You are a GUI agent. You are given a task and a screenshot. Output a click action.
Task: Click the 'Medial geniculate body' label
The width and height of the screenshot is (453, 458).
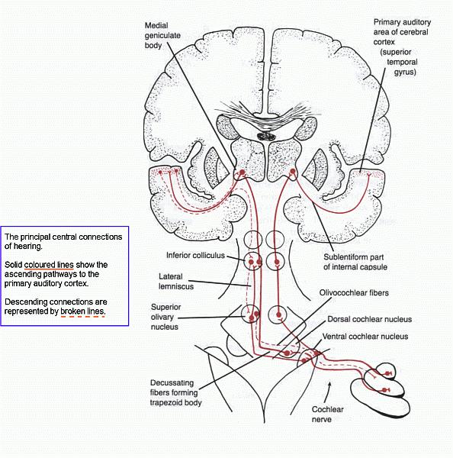pyautogui.click(x=162, y=35)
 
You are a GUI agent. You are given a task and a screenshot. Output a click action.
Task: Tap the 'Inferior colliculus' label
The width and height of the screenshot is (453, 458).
pyautogui.click(x=195, y=255)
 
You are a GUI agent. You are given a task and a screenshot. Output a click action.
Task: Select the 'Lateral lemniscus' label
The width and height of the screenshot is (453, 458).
pyautogui.click(x=176, y=281)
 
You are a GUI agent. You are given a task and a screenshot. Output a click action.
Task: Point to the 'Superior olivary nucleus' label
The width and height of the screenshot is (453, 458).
pyautogui.click(x=165, y=317)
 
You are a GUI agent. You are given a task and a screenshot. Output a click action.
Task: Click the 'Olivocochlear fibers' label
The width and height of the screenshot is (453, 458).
pyautogui.click(x=354, y=292)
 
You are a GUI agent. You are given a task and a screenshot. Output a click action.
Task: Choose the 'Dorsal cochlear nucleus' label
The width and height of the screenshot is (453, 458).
pyautogui.click(x=370, y=319)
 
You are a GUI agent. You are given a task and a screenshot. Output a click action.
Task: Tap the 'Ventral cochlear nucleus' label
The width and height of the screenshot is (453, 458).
pyautogui.click(x=365, y=337)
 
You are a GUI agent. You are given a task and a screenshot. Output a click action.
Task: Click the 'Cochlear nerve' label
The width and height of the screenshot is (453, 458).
pyautogui.click(x=327, y=414)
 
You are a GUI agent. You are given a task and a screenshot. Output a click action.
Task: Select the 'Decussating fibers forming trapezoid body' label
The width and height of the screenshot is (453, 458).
pyautogui.click(x=175, y=392)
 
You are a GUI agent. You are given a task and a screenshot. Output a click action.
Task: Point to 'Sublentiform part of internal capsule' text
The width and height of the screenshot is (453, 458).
pyautogui.click(x=355, y=262)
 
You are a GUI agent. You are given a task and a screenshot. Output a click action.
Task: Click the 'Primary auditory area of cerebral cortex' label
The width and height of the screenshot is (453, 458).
pyautogui.click(x=402, y=47)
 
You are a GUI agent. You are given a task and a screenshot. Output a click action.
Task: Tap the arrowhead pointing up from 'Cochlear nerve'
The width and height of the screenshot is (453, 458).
pyautogui.click(x=329, y=383)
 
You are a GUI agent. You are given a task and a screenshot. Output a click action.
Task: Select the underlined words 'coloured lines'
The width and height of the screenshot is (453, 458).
pyautogui.click(x=49, y=265)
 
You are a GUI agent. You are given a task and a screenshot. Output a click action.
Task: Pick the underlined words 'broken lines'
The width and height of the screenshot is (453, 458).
pyautogui.click(x=82, y=311)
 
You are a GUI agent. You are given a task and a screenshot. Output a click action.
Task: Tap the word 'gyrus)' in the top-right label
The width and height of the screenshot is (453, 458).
pyautogui.click(x=405, y=72)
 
